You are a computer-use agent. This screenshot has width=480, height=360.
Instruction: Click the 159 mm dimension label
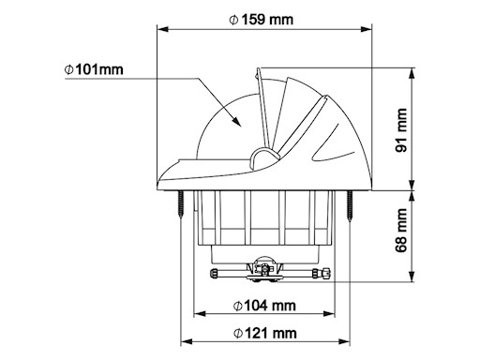(x=262, y=20)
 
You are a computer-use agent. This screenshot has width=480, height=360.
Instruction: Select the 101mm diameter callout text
(x=94, y=69)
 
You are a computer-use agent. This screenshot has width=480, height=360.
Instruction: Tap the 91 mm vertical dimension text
(x=401, y=130)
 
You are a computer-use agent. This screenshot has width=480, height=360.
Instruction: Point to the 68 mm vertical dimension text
(x=401, y=231)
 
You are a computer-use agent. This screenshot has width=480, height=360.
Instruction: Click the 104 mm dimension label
(x=264, y=306)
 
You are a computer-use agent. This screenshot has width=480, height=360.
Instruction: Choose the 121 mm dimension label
(x=265, y=333)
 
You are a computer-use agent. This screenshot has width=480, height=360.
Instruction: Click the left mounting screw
(x=181, y=203)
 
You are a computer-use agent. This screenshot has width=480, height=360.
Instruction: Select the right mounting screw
(x=350, y=205)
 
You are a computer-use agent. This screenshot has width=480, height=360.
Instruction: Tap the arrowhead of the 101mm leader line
(x=236, y=121)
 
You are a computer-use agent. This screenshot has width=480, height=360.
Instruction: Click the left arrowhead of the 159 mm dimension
(x=162, y=29)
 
